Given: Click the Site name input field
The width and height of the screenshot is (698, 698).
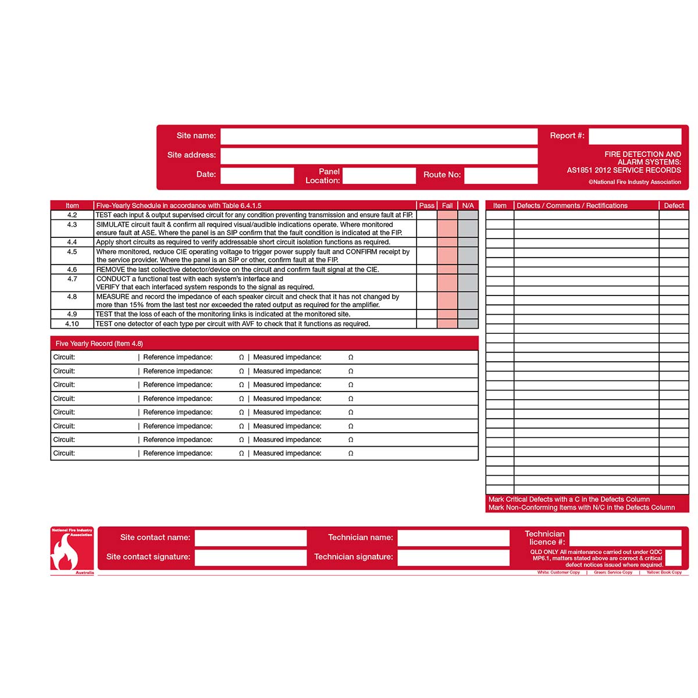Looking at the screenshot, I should point(379,136).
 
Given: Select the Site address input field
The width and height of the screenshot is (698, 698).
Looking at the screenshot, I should point(379,155).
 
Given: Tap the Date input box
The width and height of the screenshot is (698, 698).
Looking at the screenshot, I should point(257,175).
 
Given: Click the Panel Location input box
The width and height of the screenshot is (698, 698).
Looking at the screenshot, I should point(379,176).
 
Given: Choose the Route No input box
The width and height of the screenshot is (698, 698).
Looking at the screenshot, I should point(500,175).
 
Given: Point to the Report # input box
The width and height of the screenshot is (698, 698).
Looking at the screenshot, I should point(635,136).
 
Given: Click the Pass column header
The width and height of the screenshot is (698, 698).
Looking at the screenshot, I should point(427,205).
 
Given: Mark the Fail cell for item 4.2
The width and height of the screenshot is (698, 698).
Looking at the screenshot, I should point(447,215).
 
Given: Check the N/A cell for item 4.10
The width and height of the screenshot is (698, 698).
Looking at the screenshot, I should point(468,324).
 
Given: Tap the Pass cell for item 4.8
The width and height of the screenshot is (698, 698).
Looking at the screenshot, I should point(427,301).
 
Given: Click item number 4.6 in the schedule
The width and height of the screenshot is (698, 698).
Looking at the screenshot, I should point(72,270).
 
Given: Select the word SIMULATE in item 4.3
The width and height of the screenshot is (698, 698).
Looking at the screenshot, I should point(112,225).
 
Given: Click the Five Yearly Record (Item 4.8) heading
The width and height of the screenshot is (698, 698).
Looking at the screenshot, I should point(99,344).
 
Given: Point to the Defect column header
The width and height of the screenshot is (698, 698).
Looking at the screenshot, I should point(674,205).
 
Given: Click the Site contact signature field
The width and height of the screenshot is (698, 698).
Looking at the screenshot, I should point(251,557).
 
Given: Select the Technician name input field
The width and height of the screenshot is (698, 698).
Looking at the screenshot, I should point(453,538).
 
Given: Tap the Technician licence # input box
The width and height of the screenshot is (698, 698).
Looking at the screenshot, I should point(625,538).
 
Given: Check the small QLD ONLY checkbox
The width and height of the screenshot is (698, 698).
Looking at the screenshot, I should point(673,558).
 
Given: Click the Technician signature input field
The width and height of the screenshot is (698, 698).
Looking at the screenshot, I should point(453,557).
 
